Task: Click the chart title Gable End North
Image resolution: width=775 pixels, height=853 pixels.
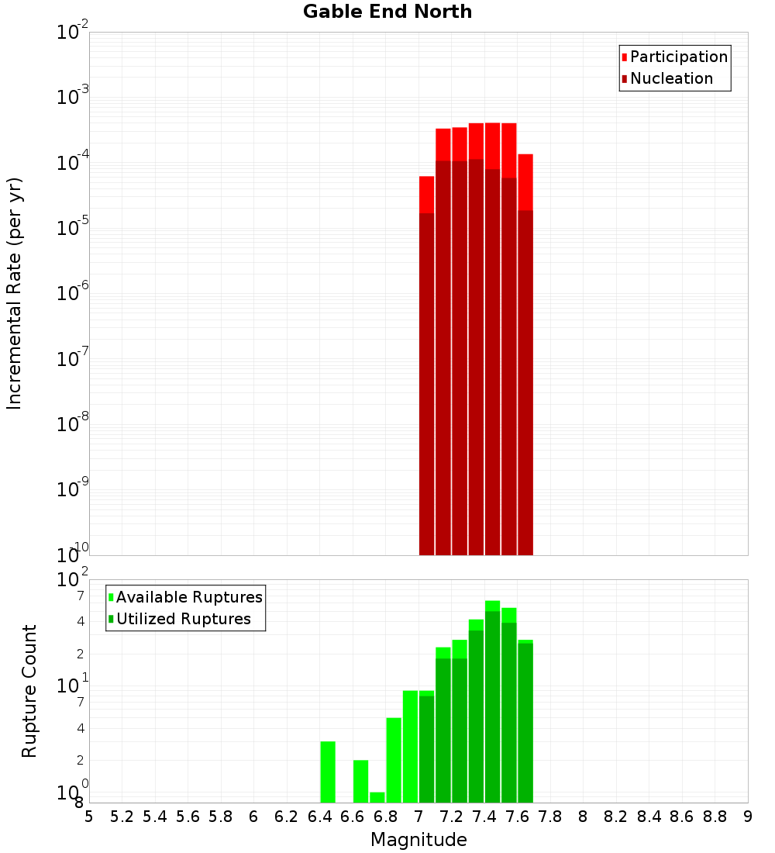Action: pyautogui.click(x=387, y=12)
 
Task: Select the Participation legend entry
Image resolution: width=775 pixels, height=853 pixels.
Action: pyautogui.click(x=678, y=57)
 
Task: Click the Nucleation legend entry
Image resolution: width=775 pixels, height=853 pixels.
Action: pyautogui.click(x=671, y=78)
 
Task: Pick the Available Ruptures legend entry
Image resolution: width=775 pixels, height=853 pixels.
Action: pyautogui.click(x=189, y=597)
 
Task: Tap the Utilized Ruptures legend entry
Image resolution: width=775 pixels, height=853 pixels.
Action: pyautogui.click(x=183, y=619)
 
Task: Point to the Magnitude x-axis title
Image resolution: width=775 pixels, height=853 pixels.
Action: pyautogui.click(x=418, y=840)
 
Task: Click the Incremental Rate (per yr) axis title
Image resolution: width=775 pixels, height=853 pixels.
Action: pyautogui.click(x=15, y=293)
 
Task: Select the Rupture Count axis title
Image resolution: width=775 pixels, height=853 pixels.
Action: pyautogui.click(x=29, y=691)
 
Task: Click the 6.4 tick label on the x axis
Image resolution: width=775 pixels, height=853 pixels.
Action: pyautogui.click(x=319, y=817)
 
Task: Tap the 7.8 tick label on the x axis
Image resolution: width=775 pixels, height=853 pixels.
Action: pyautogui.click(x=550, y=817)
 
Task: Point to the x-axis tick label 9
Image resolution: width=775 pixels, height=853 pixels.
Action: pyautogui.click(x=748, y=817)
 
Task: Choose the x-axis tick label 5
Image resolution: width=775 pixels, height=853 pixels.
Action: pyautogui.click(x=89, y=817)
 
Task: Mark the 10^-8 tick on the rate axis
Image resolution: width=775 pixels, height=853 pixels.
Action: pyautogui.click(x=73, y=424)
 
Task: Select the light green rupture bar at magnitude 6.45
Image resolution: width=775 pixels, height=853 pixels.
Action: pyautogui.click(x=328, y=772)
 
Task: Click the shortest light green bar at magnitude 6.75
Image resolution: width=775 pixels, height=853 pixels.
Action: pyautogui.click(x=377, y=797)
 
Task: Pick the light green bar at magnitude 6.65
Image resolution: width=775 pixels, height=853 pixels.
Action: pyautogui.click(x=360, y=781)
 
